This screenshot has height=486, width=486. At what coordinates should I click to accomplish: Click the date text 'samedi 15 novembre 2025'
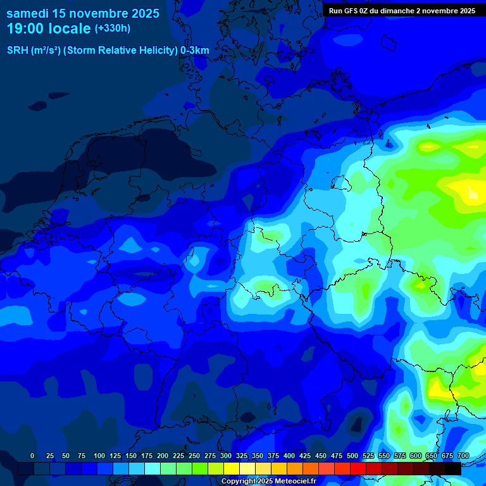[x=82, y=13]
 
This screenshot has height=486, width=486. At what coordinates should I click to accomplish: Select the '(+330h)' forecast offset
[x=113, y=28]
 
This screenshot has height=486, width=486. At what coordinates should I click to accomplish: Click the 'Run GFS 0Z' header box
[x=402, y=10]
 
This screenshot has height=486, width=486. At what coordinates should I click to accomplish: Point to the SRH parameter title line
[x=108, y=51]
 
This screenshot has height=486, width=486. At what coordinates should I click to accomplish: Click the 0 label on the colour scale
[x=32, y=456]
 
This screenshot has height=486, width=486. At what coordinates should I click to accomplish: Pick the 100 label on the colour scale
[x=99, y=456]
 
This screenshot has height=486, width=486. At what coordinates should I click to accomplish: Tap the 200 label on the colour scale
[x=163, y=456]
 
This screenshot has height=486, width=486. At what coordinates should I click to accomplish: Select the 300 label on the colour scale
[x=226, y=456]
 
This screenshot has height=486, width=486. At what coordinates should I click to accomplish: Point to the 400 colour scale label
[x=289, y=456]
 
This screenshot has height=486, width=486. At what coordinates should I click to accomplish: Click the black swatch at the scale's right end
[x=453, y=468]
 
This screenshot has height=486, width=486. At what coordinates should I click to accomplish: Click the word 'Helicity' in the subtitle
[x=157, y=51]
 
